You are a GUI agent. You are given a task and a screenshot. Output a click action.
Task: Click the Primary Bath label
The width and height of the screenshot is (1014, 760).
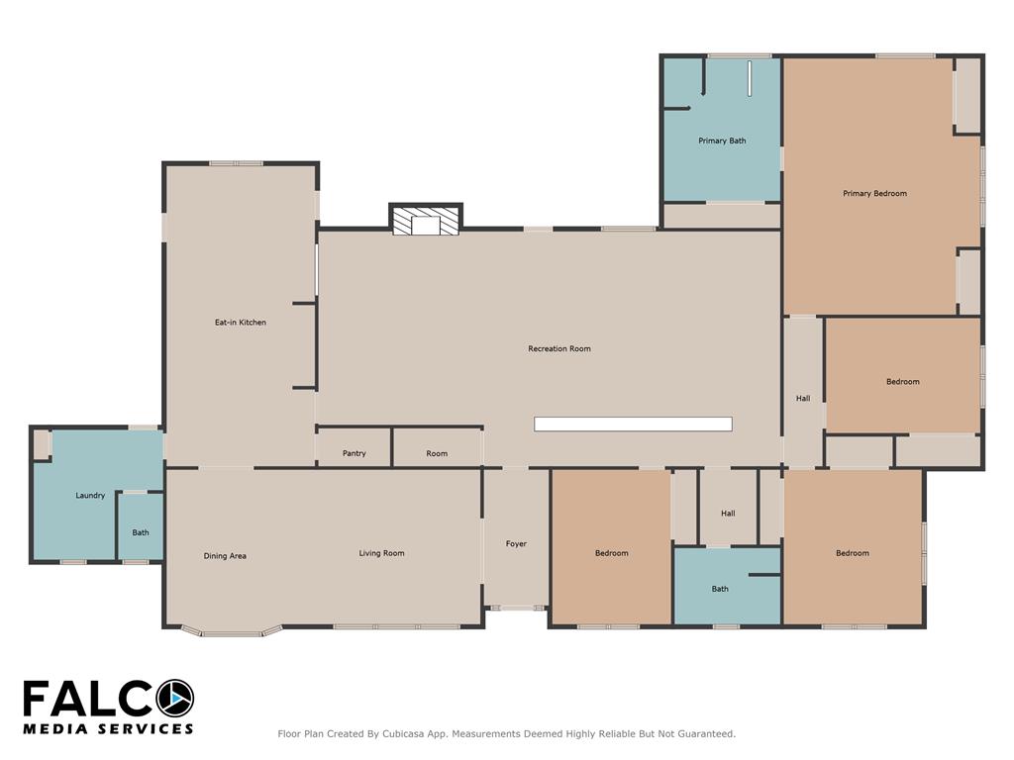(x=722, y=141)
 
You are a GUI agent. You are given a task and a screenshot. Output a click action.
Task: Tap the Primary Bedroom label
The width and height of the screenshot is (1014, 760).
(x=874, y=193)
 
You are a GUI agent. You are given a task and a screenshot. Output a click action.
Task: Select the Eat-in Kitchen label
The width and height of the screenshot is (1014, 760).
(x=241, y=323)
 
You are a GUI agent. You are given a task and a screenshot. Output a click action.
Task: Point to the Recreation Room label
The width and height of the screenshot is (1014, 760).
(x=559, y=349)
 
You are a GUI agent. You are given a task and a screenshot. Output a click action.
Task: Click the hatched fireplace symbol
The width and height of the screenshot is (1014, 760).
(x=426, y=221)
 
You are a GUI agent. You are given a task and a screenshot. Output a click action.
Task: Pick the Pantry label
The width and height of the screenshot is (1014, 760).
(x=355, y=453)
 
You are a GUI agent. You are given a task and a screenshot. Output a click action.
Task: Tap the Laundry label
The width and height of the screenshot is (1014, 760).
(x=90, y=496)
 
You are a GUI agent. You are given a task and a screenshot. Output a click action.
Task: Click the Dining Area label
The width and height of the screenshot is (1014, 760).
(x=225, y=556)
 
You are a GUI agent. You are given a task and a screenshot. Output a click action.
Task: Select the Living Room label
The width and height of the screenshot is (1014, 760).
(x=381, y=553)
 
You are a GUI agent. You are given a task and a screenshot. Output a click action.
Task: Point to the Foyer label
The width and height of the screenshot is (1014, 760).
(x=516, y=544)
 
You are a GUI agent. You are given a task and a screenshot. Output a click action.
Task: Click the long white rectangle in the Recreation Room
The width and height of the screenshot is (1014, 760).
(x=633, y=424)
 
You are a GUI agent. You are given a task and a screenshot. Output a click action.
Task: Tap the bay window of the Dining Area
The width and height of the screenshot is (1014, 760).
(x=231, y=631)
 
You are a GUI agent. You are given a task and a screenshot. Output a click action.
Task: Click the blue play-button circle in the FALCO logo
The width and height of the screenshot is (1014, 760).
(x=174, y=699)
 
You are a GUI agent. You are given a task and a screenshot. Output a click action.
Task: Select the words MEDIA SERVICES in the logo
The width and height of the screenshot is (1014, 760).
(x=108, y=729)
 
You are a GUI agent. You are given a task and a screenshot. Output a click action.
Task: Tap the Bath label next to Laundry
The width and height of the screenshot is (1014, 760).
(x=141, y=533)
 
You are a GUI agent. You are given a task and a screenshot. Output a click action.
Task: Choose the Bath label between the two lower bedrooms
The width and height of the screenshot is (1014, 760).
(x=720, y=590)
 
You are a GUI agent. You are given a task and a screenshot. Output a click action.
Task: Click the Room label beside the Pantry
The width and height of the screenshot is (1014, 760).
(x=437, y=453)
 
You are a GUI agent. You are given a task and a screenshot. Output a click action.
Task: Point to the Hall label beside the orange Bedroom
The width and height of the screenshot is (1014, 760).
(x=803, y=399)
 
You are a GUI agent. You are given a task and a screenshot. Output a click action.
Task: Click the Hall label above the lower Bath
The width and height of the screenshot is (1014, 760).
(x=728, y=514)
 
